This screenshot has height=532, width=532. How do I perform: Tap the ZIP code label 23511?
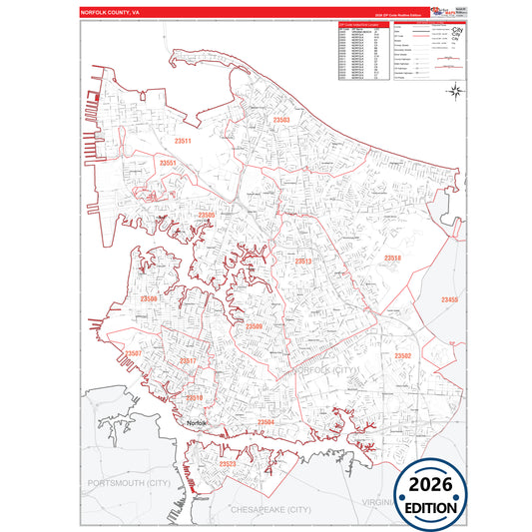point(179,141)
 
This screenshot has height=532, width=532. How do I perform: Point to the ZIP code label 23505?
point(206,215)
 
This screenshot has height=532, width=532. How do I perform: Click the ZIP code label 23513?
point(303,261)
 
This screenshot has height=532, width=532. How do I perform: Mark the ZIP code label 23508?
point(148,298)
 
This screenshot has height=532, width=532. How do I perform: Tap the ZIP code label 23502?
point(402,355)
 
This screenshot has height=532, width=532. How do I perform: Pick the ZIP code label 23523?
point(227,464)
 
